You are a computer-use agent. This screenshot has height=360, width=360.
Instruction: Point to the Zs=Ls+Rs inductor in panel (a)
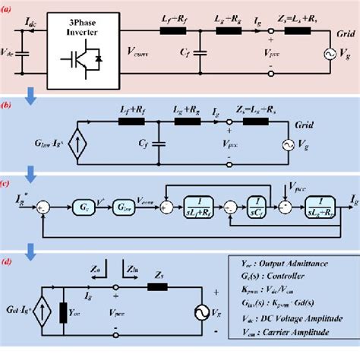(x=285, y=33)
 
